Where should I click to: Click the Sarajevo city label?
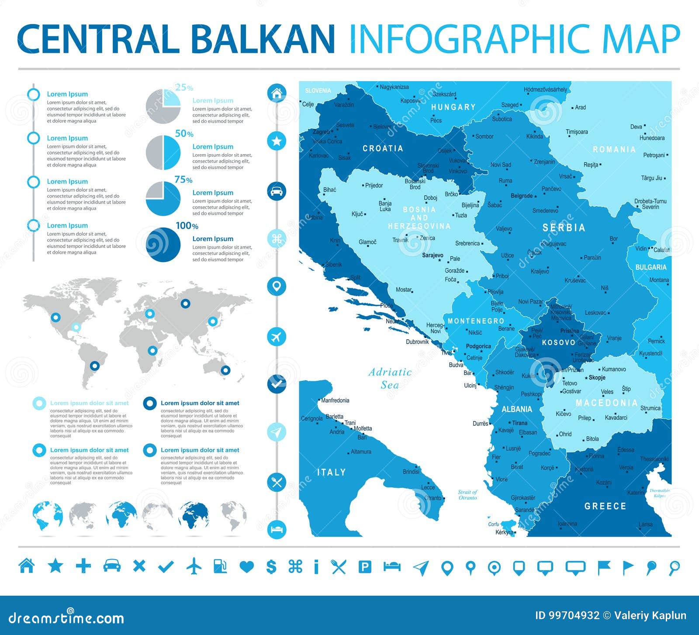pos(432,255)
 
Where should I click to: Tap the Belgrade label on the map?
pos(521,196)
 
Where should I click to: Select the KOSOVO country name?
pos(558,342)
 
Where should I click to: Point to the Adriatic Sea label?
pos(390,378)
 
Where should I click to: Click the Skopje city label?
pos(597,377)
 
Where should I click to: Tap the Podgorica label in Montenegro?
pos(478,346)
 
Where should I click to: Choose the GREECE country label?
pos(605,506)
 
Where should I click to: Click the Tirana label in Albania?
pos(519,423)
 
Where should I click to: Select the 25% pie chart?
pos(163,106)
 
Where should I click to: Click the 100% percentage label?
pos(187,226)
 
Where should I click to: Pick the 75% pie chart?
pos(163,199)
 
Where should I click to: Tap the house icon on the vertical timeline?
pos(277,93)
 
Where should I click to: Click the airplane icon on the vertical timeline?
pos(277,337)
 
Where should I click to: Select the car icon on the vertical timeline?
pos(277,191)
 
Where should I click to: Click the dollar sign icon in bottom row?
pos(271,566)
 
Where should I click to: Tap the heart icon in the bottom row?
pos(247,567)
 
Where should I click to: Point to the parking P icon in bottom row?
pos(365,567)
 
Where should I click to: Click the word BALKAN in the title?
pos(263,39)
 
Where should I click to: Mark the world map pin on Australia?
pos(225,370)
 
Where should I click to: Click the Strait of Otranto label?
pos(467,495)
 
